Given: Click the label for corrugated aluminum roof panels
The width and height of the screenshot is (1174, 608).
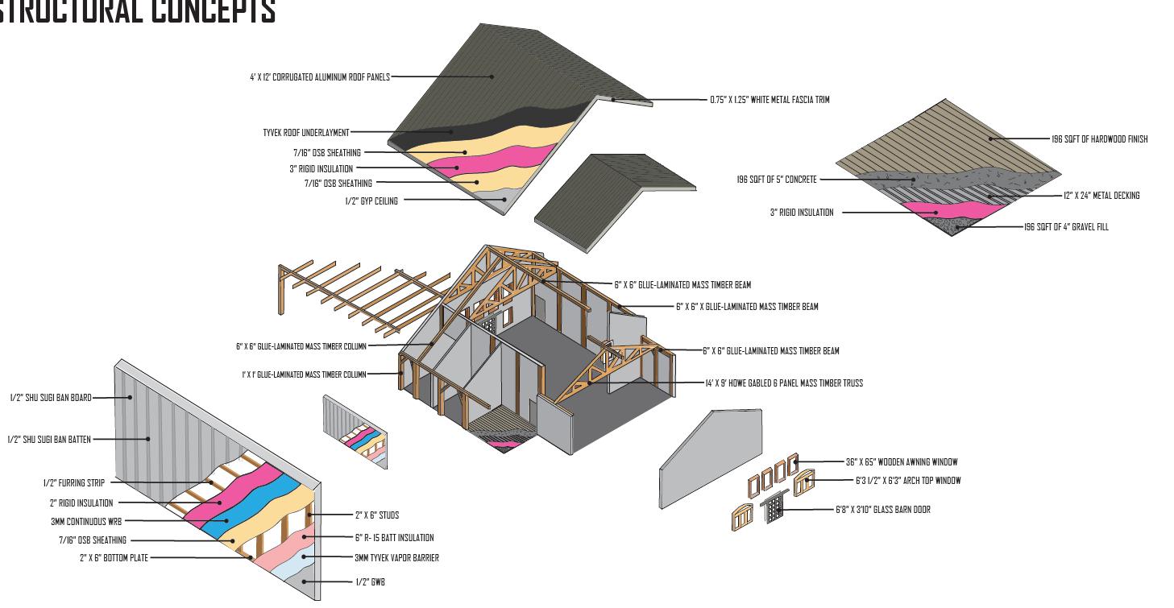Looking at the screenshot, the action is point(319,77).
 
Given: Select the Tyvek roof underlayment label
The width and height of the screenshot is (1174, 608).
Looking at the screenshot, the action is point(305,133).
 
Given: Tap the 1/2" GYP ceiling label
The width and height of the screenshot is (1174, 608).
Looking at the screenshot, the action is point(371,201).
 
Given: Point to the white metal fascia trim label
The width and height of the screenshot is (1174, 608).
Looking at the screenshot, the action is point(769,100).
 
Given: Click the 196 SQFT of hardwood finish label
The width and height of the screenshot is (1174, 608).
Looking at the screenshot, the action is point(1099,139).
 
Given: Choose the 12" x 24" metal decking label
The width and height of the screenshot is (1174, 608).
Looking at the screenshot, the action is point(1101,196).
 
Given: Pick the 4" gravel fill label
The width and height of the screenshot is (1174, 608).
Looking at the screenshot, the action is point(1066,227).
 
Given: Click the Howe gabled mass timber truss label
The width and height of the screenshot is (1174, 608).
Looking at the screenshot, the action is point(783,383).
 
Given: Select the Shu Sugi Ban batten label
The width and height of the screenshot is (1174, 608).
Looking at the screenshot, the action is point(49,440).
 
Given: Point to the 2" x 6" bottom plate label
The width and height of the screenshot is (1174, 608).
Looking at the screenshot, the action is point(114,558).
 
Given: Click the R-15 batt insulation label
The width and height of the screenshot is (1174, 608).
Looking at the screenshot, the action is point(394,538).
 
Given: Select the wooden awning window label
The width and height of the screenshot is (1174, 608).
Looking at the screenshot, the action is point(902,462).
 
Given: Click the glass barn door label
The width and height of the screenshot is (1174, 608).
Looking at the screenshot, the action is point(882,510).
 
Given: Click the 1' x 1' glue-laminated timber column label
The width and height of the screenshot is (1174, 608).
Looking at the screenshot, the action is point(304,374).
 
